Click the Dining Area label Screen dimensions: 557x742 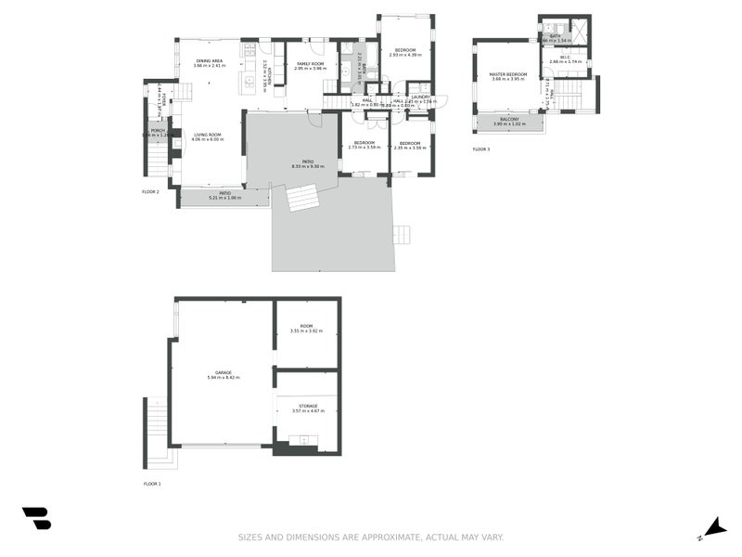pyautogui.click(x=209, y=60)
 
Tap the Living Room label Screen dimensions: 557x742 pyautogui.click(x=207, y=135)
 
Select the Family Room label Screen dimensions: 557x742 pyautogui.click(x=310, y=63)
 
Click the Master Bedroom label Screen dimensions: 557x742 pyautogui.click(x=508, y=73)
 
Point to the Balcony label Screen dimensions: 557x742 pyautogui.click(x=509, y=119)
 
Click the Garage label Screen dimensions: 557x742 pyautogui.click(x=224, y=372)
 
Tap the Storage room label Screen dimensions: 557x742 pyautogui.click(x=305, y=406)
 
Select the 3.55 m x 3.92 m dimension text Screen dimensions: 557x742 pyautogui.click(x=305, y=331)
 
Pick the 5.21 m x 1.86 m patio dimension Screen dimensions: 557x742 pyautogui.click(x=224, y=198)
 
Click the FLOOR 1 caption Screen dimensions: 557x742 pyautogui.click(x=152, y=484)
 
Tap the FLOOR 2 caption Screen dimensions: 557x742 pyautogui.click(x=151, y=191)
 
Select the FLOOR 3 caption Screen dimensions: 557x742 pyautogui.click(x=480, y=149)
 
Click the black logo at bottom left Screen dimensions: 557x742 pyautogui.click(x=36, y=518)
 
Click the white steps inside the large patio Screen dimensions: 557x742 pyautogui.click(x=303, y=198)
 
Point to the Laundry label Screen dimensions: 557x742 pyautogui.click(x=418, y=96)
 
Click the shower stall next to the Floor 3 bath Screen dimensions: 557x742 pyautogui.click(x=580, y=31)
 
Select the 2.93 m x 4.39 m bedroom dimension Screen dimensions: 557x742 pyautogui.click(x=405, y=55)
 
